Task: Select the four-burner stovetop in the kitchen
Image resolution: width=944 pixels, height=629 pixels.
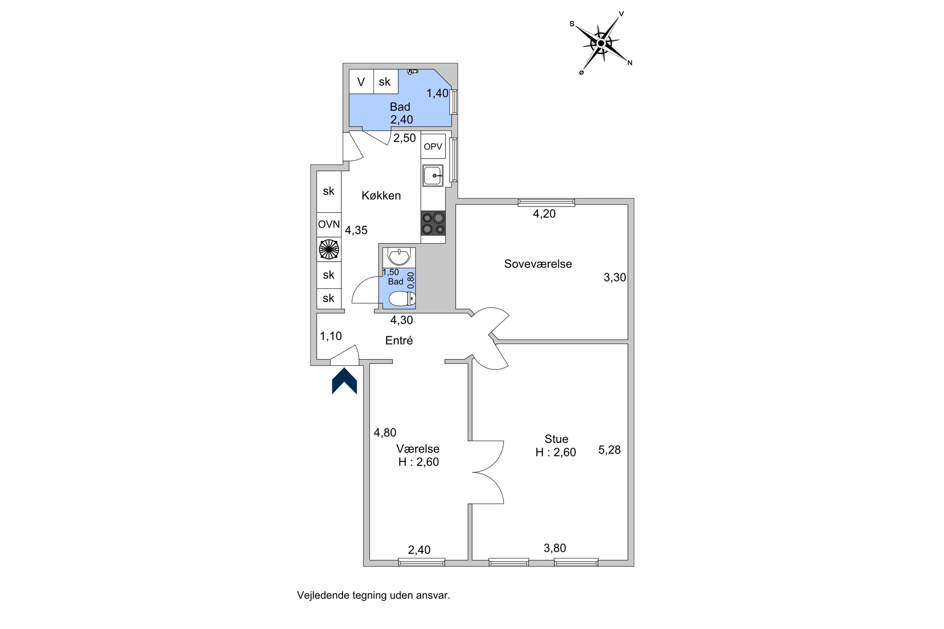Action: coord(433,223)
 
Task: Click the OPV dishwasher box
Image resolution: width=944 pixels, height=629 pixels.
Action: coord(433,146)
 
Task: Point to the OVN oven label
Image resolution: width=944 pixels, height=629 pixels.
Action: coord(329,224)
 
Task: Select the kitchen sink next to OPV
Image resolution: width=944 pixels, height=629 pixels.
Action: coord(432,176)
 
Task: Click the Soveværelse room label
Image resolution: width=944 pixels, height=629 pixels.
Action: coord(538,264)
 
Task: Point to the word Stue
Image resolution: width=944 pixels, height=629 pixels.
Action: coord(556,438)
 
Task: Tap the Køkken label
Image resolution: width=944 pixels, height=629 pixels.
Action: coord(381,196)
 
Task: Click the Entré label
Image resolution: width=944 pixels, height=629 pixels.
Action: coord(399,340)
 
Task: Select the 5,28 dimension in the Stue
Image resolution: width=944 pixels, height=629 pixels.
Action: coord(609,450)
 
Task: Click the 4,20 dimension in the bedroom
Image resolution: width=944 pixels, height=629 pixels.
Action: coord(544,214)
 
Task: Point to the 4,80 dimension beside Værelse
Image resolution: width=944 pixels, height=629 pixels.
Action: coord(385,432)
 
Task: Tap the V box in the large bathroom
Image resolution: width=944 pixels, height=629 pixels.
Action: coord(361,82)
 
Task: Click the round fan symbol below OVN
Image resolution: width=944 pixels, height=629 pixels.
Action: coord(329,249)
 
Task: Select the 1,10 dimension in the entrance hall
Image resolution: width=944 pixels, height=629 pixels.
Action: coord(330,336)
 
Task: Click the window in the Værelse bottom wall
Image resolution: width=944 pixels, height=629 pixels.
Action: coord(421,561)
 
